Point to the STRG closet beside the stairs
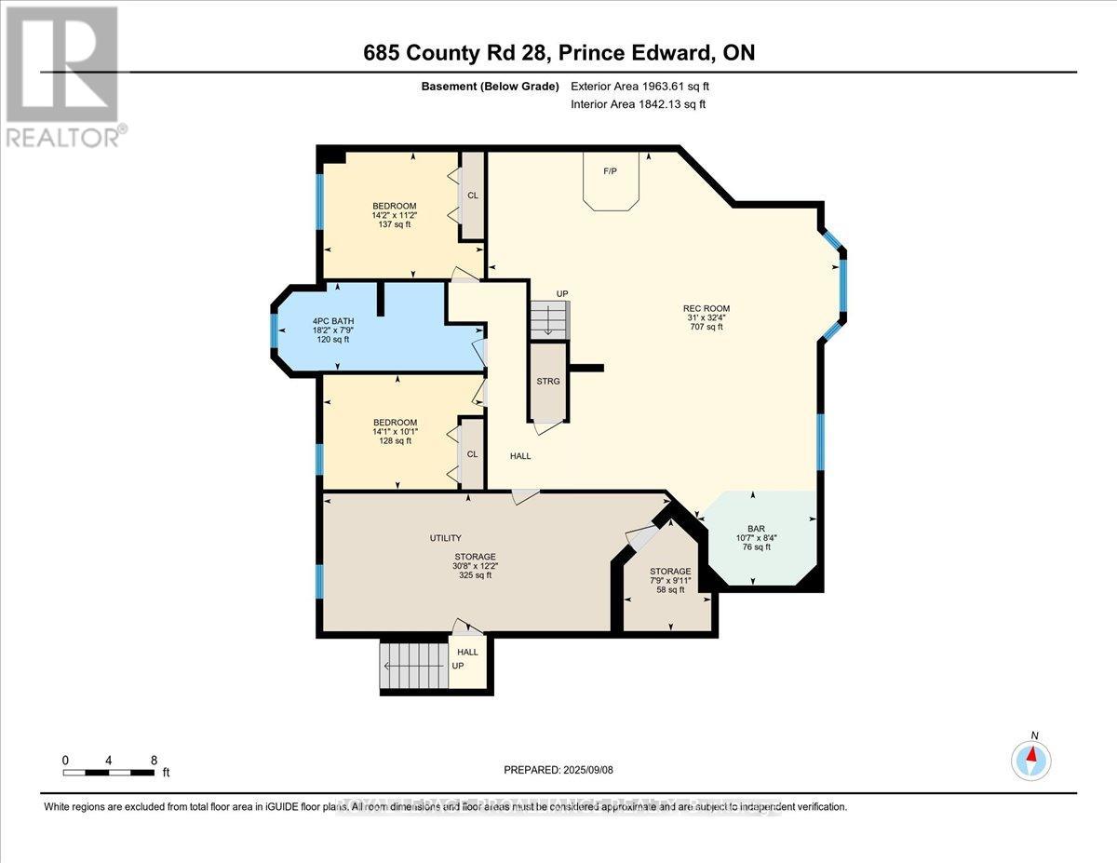pyautogui.click(x=547, y=381)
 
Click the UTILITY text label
pyautogui.click(x=445, y=538)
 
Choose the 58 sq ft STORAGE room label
pyautogui.click(x=670, y=572)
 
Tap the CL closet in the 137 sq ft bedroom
pyautogui.click(x=473, y=196)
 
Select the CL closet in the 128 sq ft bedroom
pyautogui.click(x=472, y=454)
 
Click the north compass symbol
pyautogui.click(x=1031, y=759)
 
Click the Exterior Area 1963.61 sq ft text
pyautogui.click(x=645, y=87)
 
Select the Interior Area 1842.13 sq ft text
pyautogui.click(x=638, y=104)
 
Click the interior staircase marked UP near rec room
pyautogui.click(x=547, y=320)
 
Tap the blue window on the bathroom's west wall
pyautogui.click(x=274, y=330)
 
